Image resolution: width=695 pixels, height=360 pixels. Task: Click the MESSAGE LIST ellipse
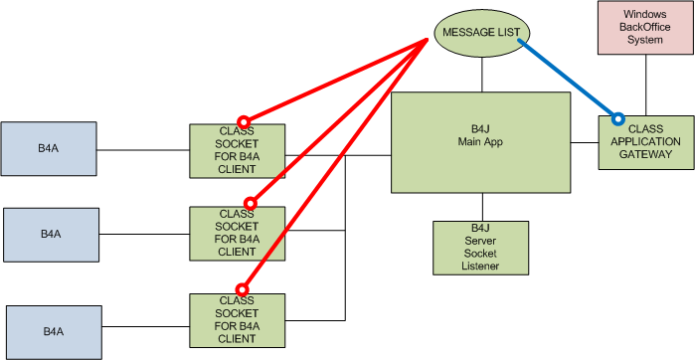coord(482,32)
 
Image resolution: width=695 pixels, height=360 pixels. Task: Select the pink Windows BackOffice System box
coord(643,28)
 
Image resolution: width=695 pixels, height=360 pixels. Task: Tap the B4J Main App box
coord(480,142)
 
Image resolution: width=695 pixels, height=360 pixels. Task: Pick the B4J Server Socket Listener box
coord(480,248)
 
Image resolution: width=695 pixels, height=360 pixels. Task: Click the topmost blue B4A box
coord(49,148)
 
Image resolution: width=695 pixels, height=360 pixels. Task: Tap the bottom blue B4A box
coord(53,332)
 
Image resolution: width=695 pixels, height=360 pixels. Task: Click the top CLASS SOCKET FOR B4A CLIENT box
coord(237,150)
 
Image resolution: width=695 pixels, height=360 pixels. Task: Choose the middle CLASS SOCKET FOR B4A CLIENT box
coord(237,233)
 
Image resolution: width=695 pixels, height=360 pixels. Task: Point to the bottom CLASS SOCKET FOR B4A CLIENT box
coord(237,319)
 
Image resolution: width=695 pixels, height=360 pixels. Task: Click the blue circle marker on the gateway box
coord(617,119)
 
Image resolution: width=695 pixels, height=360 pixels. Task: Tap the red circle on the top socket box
coord(242,119)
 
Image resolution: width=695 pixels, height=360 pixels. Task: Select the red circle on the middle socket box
coord(250,203)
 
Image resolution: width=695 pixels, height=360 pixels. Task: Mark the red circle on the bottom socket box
coord(242,290)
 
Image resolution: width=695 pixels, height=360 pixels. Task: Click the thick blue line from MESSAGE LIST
coord(567,78)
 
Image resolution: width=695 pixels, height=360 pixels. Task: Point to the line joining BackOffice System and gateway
coord(646,85)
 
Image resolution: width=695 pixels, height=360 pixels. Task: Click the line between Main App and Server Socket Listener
coord(480,207)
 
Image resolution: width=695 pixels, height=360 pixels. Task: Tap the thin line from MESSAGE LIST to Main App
coord(482,75)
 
